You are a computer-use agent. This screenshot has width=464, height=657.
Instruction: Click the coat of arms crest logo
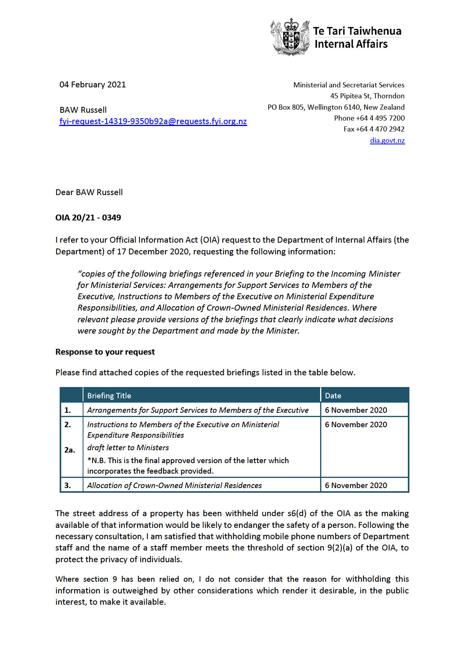pos(290,37)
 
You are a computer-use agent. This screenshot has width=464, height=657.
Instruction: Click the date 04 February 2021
pos(92,85)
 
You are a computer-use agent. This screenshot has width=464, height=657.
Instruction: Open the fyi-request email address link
pos(153,121)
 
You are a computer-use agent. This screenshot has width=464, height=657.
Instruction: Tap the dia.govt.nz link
pos(387,140)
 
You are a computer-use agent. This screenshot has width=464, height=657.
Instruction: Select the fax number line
pos(374,129)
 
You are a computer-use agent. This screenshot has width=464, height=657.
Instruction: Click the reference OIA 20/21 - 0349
pos(88,218)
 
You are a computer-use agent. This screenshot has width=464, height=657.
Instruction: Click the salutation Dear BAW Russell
pos(89,192)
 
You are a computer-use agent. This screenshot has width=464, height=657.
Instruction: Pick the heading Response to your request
pos(105,352)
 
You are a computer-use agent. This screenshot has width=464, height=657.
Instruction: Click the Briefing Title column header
pos(109,396)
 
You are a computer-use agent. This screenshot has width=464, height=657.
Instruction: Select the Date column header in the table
pos(333,396)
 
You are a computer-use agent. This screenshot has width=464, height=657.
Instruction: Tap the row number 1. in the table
pos(68,410)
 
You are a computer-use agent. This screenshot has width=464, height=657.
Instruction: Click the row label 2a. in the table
pos(69,450)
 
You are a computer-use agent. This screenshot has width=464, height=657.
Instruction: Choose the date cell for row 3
pos(356,485)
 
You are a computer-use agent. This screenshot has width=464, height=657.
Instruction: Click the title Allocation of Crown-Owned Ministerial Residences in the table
pos(174,485)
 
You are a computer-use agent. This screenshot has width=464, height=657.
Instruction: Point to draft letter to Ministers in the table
pos(128,447)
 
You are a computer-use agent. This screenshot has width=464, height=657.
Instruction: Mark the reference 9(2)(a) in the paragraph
pos(340,548)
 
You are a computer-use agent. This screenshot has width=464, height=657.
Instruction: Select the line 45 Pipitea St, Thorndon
pos(367,96)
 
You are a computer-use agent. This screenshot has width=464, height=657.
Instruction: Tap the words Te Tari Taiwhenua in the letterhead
pos(357,31)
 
